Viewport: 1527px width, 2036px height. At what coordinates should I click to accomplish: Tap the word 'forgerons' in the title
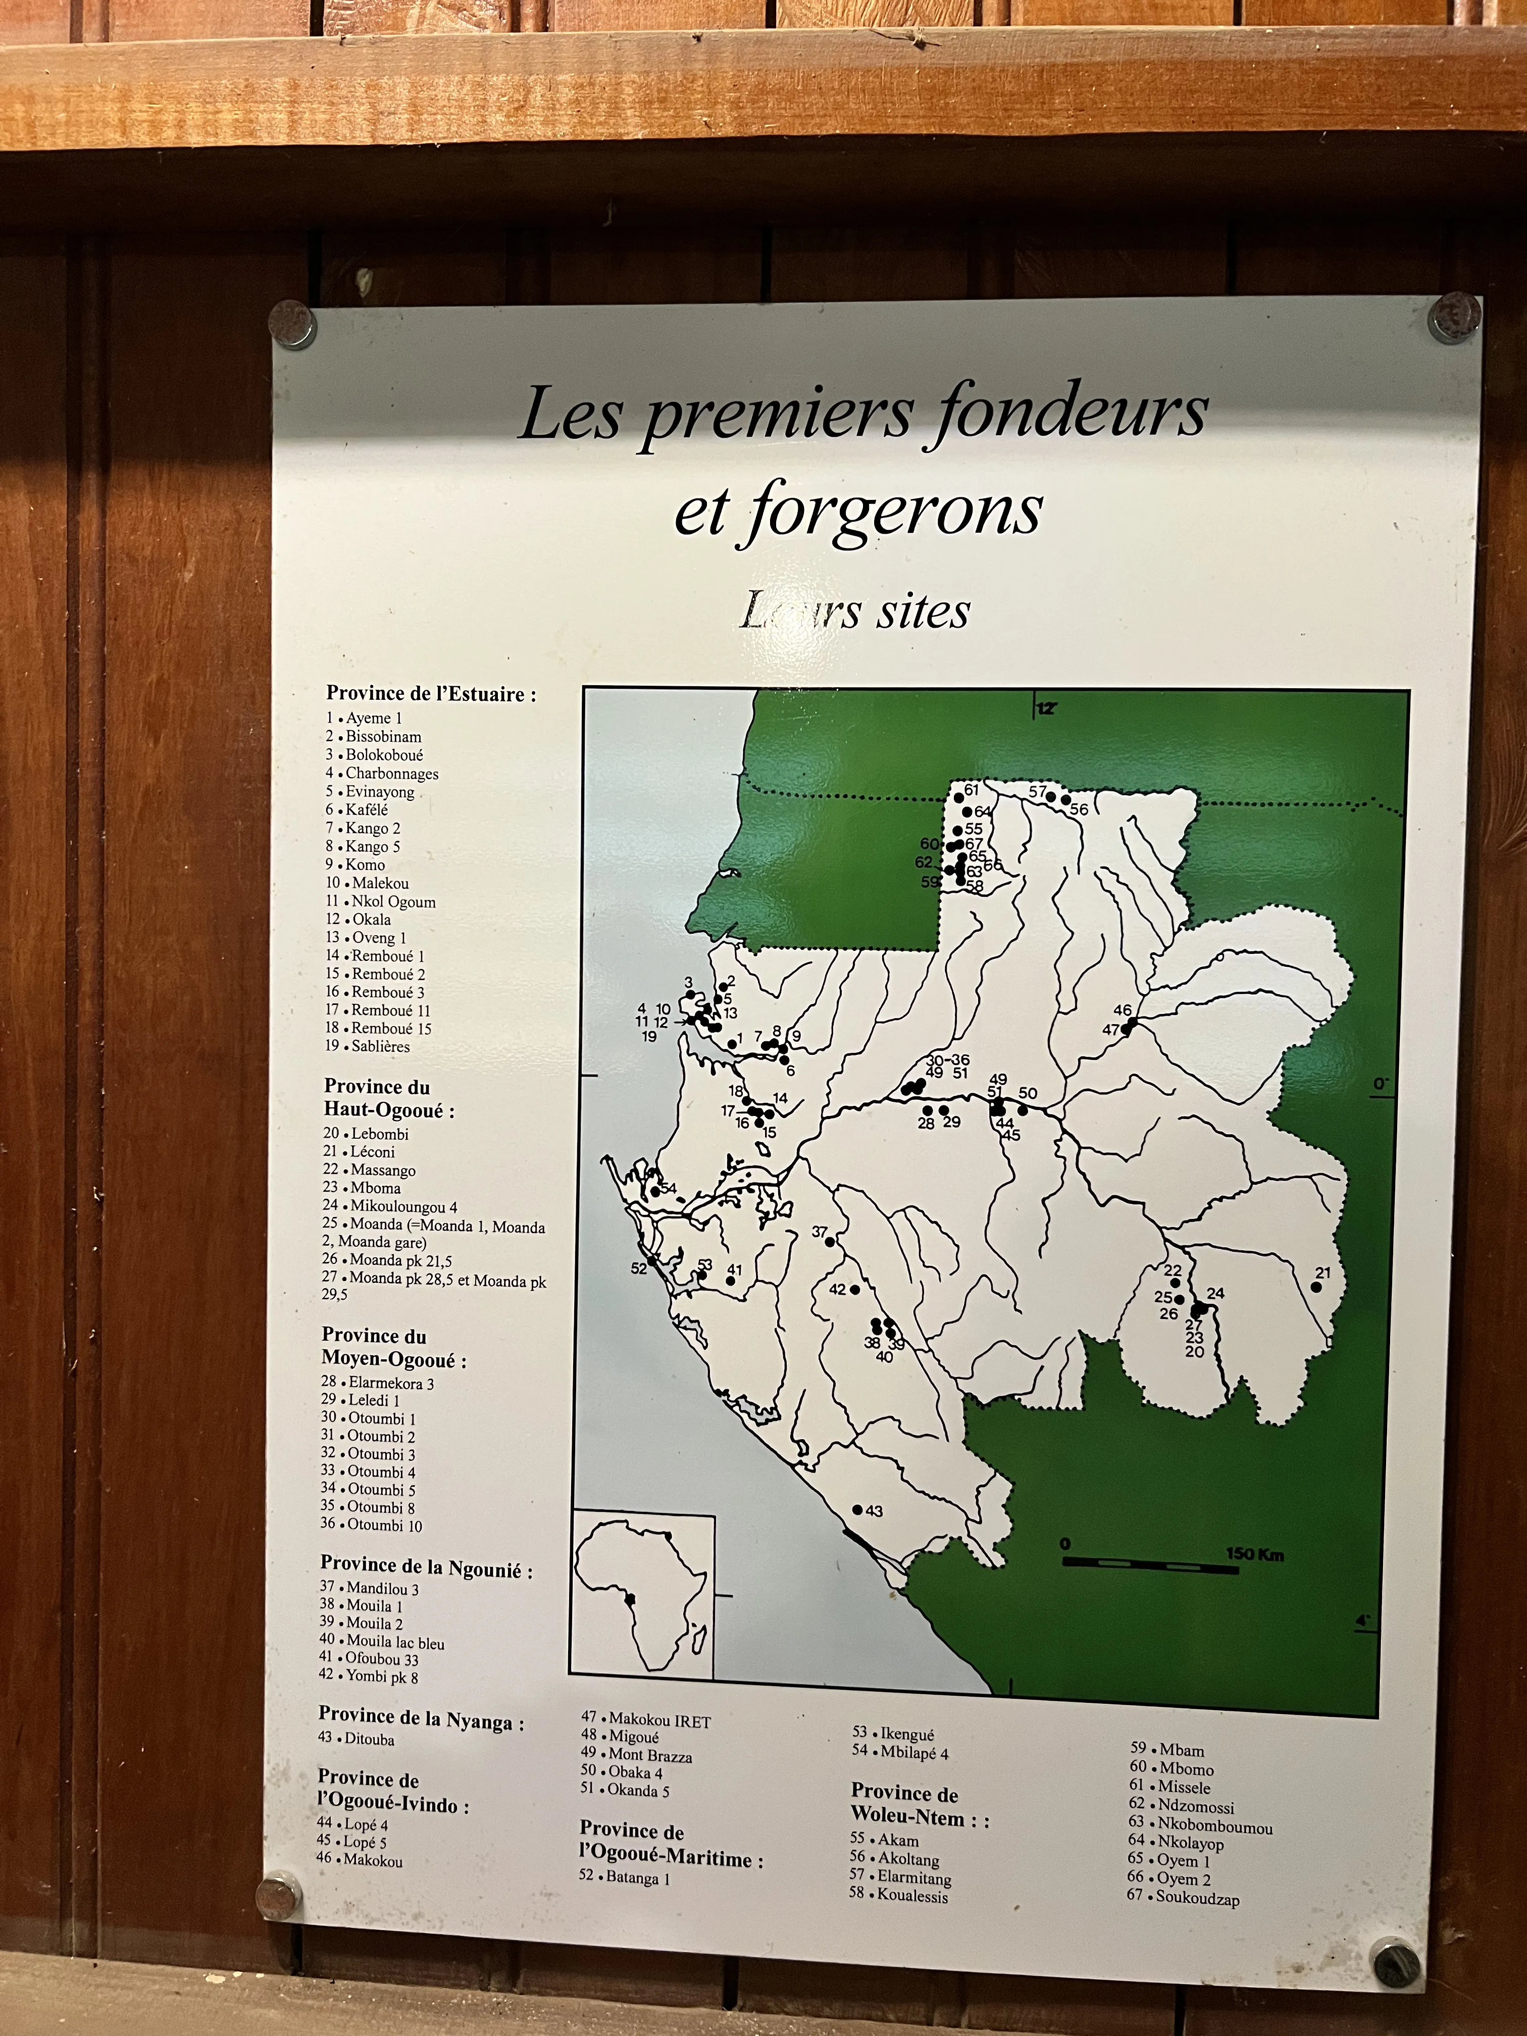tap(893, 511)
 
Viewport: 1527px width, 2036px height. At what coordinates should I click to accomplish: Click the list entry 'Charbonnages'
tap(391, 773)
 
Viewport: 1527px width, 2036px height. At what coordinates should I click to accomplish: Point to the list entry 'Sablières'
tap(379, 1047)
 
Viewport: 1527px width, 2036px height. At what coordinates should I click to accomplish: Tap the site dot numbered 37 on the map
tap(829, 1242)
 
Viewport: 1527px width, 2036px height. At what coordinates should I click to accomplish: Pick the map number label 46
tap(1122, 1010)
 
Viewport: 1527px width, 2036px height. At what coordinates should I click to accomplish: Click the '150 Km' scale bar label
tap(1254, 1555)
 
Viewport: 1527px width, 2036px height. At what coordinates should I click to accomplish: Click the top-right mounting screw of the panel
tap(1454, 318)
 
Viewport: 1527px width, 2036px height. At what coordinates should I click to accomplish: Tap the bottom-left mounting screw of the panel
tap(278, 1897)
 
